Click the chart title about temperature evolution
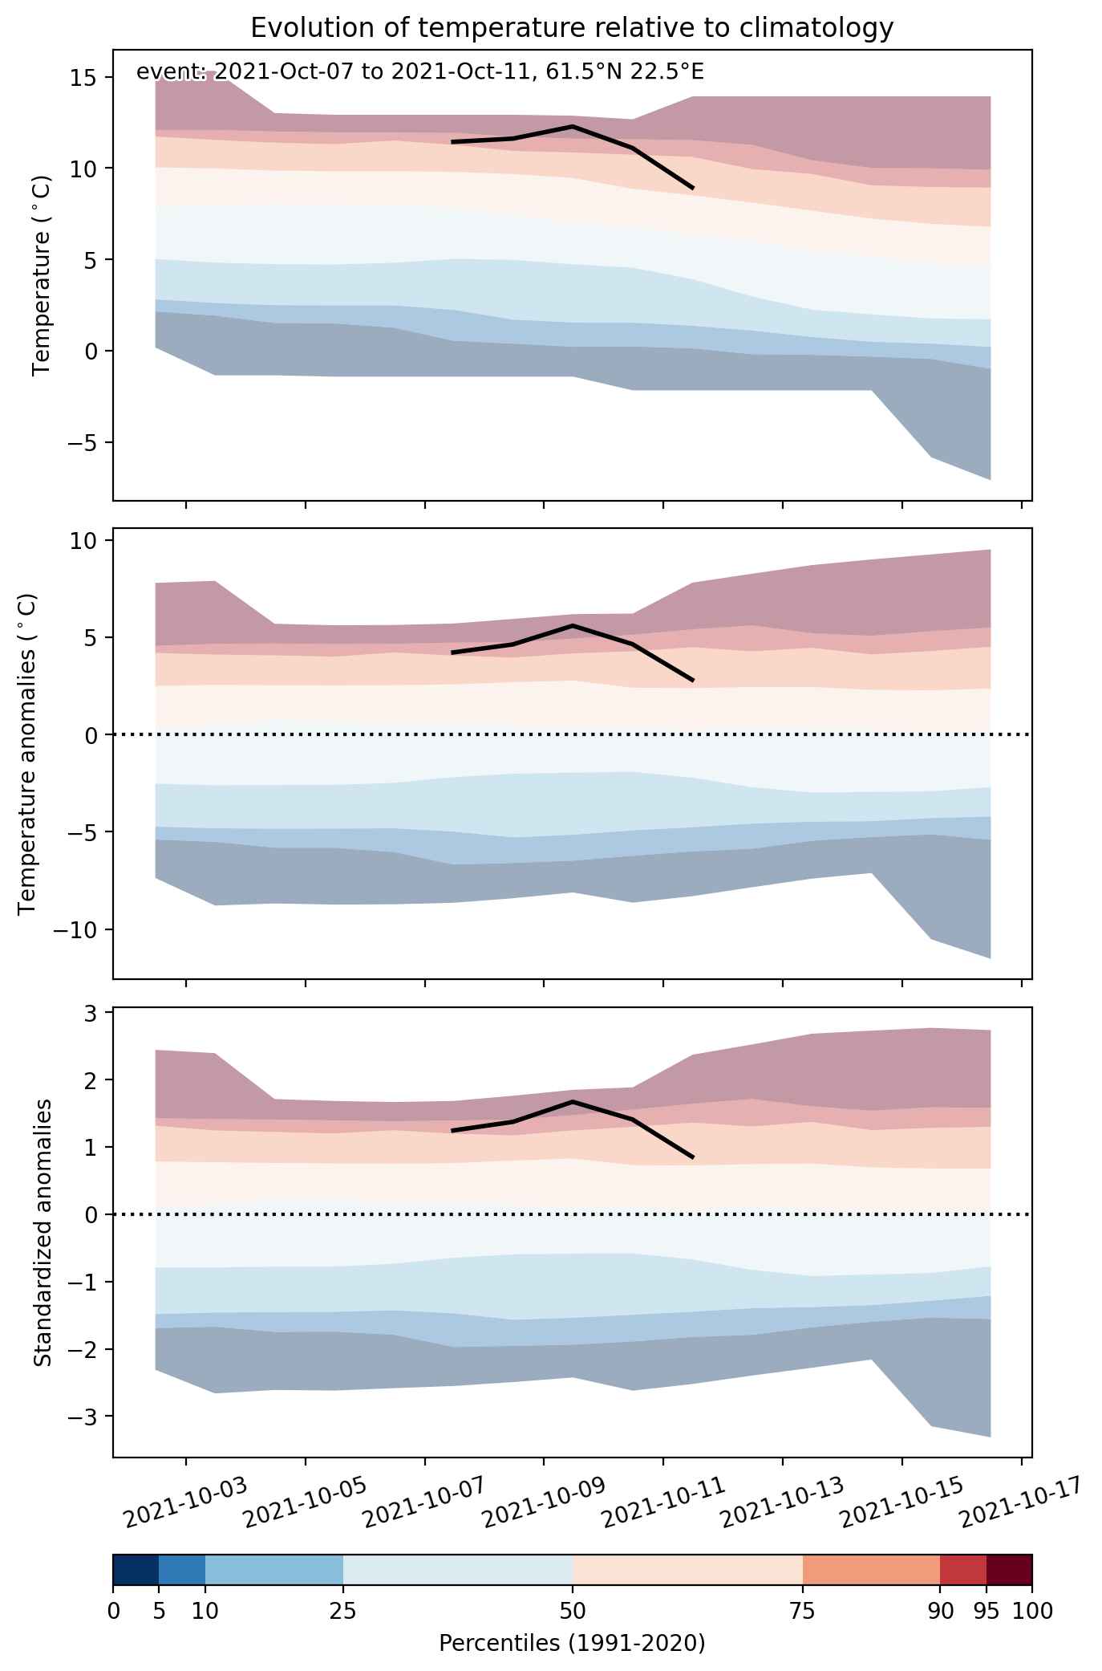point(572,28)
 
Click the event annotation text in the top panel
point(420,72)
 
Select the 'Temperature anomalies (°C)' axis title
point(27,754)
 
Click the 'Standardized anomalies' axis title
point(43,1232)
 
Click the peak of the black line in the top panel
point(573,126)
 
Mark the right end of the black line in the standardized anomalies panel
point(692,1157)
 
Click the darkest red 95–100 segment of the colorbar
point(1009,1570)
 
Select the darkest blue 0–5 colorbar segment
point(136,1570)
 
